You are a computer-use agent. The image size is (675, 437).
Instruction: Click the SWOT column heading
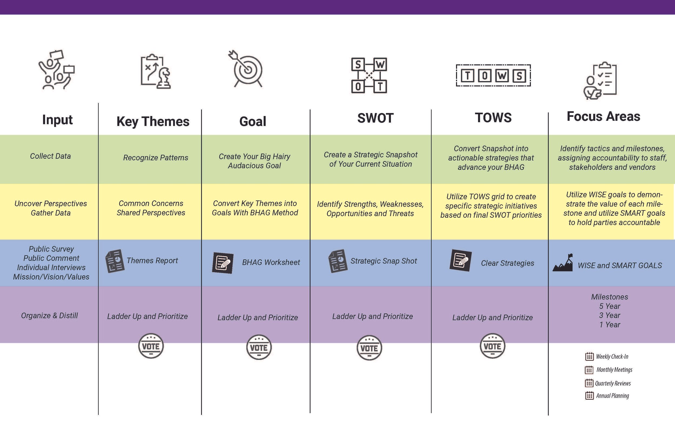(375, 118)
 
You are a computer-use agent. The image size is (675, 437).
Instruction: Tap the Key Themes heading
(153, 122)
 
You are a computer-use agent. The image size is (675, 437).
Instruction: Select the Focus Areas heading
(603, 116)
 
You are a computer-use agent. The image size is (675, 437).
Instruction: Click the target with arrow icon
(246, 69)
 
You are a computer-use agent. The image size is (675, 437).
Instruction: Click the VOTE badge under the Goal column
(259, 347)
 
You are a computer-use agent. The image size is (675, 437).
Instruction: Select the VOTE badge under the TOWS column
(492, 346)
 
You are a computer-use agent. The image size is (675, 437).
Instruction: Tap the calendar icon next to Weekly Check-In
(589, 357)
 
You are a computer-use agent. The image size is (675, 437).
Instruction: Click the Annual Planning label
(612, 396)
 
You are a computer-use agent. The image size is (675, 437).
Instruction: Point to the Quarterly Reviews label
(613, 383)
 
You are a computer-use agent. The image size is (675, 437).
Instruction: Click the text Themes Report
(152, 260)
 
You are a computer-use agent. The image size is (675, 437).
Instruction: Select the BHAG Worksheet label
(271, 262)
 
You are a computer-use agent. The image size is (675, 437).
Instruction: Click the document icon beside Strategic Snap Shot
(338, 261)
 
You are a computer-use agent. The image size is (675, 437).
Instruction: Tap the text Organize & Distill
(49, 315)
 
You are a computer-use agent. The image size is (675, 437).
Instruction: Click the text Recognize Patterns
(156, 158)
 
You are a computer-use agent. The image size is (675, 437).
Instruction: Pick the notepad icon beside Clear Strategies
(461, 260)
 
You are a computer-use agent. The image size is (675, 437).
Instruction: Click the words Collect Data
(50, 156)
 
